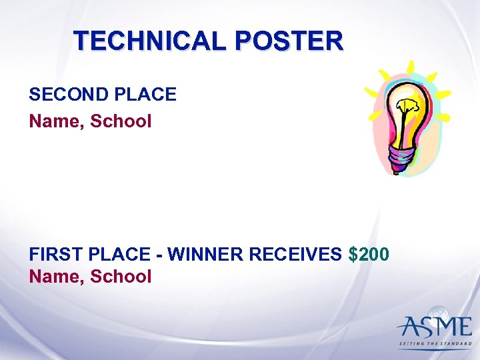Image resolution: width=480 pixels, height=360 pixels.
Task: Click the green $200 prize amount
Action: pyautogui.click(x=369, y=255)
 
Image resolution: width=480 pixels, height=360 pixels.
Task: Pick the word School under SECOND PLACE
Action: pyautogui.click(x=121, y=121)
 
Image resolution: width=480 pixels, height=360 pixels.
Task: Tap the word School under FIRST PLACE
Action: pyautogui.click(x=121, y=276)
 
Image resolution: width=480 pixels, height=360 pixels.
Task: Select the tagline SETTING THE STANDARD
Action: pyautogui.click(x=435, y=343)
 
